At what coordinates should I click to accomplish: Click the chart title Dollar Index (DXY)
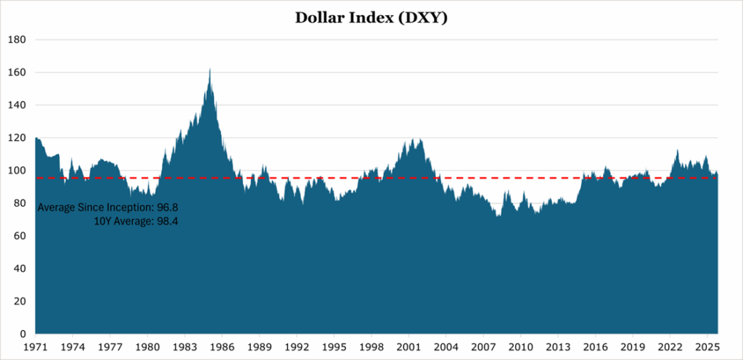pyautogui.click(x=371, y=17)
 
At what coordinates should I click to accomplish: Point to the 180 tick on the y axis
pyautogui.click(x=17, y=39)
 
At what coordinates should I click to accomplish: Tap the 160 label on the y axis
pyautogui.click(x=17, y=73)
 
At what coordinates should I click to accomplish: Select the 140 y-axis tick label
pyautogui.click(x=17, y=105)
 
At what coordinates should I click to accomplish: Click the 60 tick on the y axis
pyautogui.click(x=19, y=236)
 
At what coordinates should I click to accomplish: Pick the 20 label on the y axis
pyautogui.click(x=19, y=301)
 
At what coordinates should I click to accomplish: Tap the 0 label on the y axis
pyautogui.click(x=22, y=334)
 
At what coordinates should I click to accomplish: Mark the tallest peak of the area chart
pyautogui.click(x=210, y=70)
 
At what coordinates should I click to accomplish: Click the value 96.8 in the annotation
pyautogui.click(x=168, y=208)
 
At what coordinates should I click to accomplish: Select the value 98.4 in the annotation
pyautogui.click(x=168, y=221)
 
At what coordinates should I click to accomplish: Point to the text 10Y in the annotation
pyautogui.click(x=102, y=221)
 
